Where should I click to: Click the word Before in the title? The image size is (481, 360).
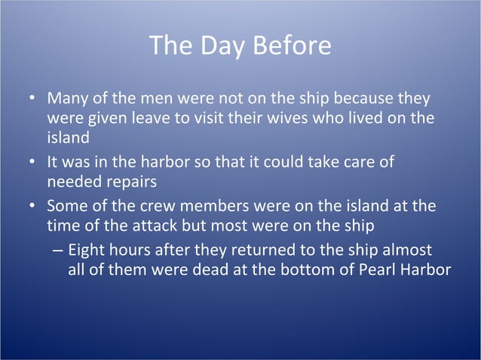click(x=293, y=46)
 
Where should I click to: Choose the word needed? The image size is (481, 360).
click(x=72, y=182)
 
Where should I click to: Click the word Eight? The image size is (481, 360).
click(x=87, y=250)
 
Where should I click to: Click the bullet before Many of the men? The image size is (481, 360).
click(x=31, y=100)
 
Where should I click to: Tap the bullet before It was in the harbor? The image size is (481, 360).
click(x=31, y=163)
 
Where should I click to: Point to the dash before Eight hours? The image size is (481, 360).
click(x=59, y=251)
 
